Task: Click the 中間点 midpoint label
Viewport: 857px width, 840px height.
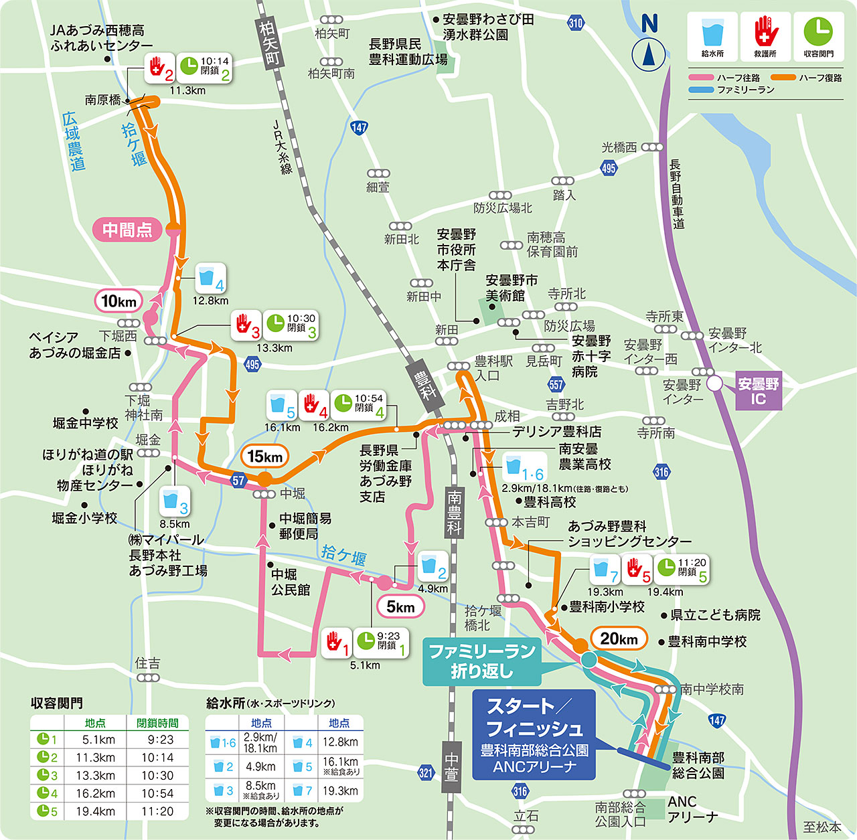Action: [x=127, y=230]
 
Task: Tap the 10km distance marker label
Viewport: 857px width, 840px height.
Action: [x=119, y=301]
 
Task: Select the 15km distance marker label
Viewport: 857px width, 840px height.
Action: [x=264, y=456]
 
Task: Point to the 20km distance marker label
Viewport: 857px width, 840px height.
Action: [x=619, y=639]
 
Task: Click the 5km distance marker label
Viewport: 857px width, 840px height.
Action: [x=400, y=607]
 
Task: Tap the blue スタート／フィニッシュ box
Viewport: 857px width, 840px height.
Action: [x=534, y=734]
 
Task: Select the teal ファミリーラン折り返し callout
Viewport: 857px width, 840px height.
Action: [x=481, y=661]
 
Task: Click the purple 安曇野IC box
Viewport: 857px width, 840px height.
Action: [x=758, y=392]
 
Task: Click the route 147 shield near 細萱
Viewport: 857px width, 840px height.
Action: [x=359, y=127]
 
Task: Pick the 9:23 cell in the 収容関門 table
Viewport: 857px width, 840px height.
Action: [x=157, y=740]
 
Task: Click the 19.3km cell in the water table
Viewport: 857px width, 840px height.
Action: [x=339, y=790]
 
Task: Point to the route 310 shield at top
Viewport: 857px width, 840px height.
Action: [x=575, y=23]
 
